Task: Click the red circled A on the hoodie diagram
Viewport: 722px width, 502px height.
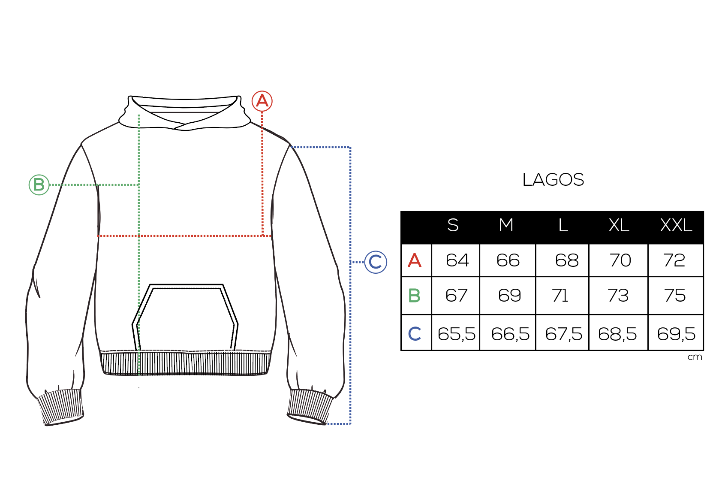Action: click(x=262, y=101)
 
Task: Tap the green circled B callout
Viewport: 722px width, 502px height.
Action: click(x=39, y=185)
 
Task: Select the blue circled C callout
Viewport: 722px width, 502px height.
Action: click(x=376, y=262)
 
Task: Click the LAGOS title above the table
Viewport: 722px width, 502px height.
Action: click(x=553, y=180)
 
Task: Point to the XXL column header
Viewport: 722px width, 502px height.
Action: click(x=676, y=225)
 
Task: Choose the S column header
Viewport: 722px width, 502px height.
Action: click(x=453, y=225)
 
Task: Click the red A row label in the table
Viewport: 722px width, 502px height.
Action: click(x=415, y=260)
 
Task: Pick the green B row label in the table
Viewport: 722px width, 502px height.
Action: click(x=415, y=296)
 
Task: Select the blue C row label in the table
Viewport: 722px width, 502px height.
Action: click(x=415, y=334)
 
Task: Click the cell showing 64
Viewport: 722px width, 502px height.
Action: click(x=457, y=260)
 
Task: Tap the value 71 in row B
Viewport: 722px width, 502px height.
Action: click(x=560, y=296)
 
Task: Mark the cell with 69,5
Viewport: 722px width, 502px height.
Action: click(x=676, y=334)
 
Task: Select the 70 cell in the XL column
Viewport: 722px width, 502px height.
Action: click(x=620, y=260)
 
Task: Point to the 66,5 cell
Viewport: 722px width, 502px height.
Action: click(x=510, y=334)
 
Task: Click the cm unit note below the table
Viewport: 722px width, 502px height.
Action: click(x=695, y=357)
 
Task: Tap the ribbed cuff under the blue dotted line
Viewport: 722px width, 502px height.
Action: click(x=310, y=406)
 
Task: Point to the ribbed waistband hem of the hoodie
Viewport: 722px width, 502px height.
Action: click(x=185, y=363)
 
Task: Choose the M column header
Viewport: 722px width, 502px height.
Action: click(x=506, y=225)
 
